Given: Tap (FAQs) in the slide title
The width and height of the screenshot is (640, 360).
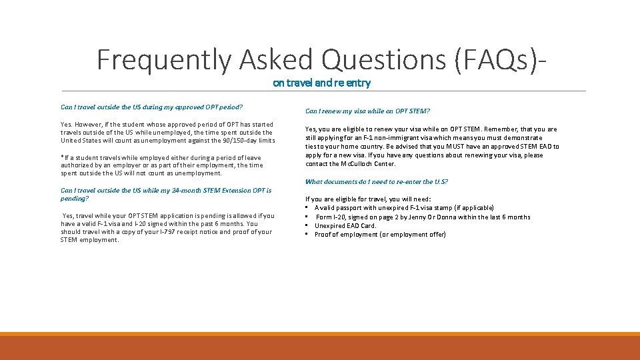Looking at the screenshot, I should tap(497, 60).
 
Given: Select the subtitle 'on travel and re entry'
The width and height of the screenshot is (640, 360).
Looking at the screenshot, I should tap(321, 83).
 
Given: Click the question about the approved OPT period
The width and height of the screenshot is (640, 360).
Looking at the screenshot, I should tap(151, 107).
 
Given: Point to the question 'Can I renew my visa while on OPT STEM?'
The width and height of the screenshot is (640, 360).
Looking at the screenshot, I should tap(367, 111).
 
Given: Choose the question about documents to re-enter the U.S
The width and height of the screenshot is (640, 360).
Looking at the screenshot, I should tap(376, 182).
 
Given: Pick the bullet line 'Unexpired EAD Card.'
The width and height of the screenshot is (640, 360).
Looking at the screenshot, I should tap(345, 225).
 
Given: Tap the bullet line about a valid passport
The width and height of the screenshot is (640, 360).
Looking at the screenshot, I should tap(404, 208).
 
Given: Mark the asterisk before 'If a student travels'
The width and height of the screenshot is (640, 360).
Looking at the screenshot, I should tap(62, 158).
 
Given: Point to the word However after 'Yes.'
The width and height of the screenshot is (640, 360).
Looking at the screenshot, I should tap(89, 124).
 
